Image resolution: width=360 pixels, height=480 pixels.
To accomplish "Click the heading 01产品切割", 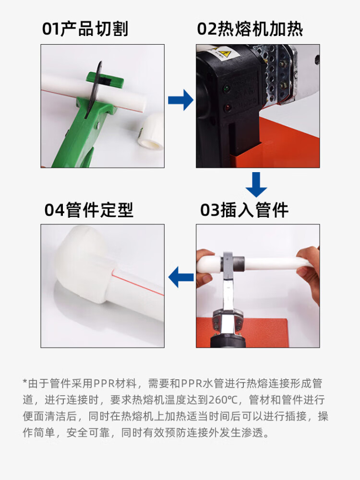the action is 85,29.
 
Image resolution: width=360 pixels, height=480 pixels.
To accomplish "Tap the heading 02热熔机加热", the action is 250,29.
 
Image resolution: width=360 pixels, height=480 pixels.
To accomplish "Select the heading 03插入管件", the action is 244,210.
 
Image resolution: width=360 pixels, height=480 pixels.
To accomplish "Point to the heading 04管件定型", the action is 89,210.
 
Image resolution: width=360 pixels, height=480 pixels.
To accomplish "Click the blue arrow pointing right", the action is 181,100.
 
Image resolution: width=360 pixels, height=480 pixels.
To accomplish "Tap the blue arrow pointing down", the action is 256,185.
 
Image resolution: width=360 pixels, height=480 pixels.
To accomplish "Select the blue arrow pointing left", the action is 181,277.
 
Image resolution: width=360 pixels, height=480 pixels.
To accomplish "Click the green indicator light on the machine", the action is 227,89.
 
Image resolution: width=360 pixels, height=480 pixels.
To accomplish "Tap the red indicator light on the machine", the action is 228,108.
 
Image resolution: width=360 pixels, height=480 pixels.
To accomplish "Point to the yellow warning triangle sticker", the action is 227,55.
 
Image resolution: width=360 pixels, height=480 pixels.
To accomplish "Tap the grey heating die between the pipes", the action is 232,263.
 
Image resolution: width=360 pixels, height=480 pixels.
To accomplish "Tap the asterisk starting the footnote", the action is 25,382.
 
